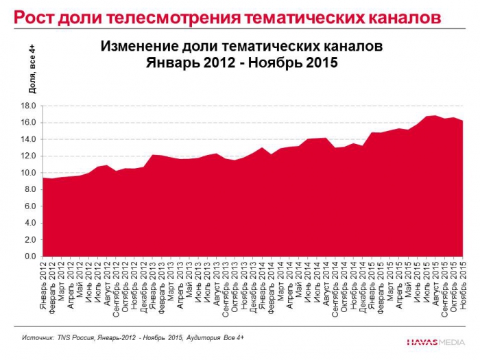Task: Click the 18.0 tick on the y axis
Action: pos(27,106)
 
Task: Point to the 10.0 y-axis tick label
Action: pos(27,173)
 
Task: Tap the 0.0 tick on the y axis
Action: pos(29,256)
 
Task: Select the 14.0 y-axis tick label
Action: pos(27,139)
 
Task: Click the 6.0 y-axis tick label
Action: pos(29,206)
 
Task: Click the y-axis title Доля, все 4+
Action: pos(32,69)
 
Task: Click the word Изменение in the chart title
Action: pos(136,47)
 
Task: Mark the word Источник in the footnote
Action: pos(38,338)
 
